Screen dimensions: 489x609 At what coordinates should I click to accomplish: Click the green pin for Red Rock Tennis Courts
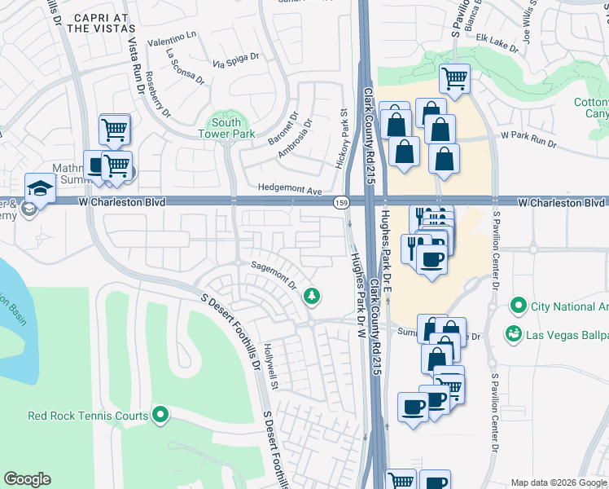(160, 416)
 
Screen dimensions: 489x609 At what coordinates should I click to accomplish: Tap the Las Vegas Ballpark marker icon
(513, 334)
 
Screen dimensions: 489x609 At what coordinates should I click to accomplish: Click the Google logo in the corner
(28, 479)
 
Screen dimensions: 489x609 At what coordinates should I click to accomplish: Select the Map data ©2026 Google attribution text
(557, 482)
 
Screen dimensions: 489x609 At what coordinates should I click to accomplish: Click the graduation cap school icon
(39, 187)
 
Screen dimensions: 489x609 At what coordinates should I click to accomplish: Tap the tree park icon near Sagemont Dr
(310, 296)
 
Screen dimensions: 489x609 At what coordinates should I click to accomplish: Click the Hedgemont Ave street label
(290, 188)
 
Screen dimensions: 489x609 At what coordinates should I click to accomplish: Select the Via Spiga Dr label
(235, 59)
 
